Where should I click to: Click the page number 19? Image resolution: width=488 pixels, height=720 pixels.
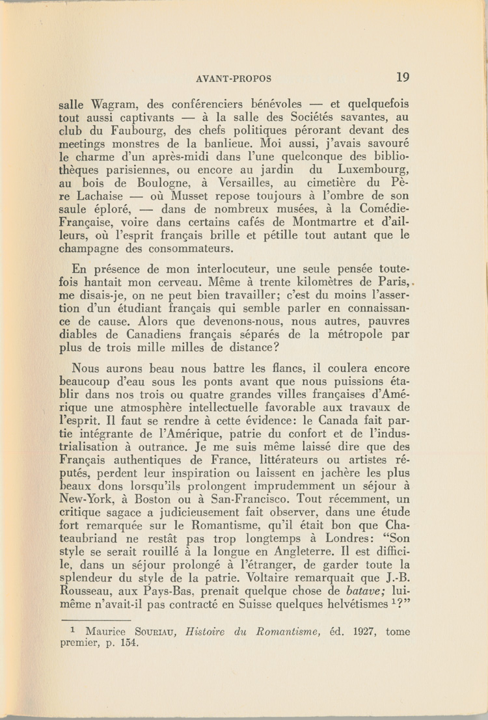click(403, 77)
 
